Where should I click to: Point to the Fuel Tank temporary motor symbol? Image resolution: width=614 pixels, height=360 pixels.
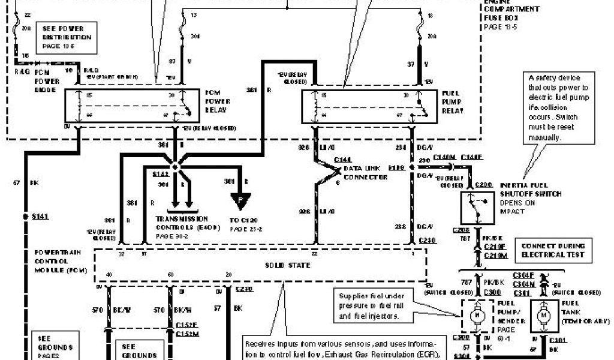[543, 314]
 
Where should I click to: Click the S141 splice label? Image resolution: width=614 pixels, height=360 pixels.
[40, 215]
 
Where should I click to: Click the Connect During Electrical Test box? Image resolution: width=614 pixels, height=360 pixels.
[552, 251]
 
